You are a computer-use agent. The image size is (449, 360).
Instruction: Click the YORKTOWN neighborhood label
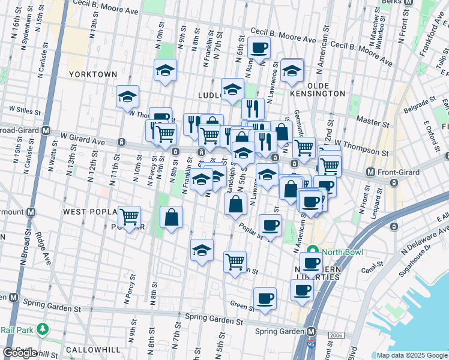(x=93, y=74)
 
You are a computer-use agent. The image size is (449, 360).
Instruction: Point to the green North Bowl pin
(x=312, y=251)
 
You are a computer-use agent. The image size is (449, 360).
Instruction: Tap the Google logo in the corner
(x=20, y=353)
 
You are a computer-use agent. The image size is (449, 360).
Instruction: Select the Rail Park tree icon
(x=42, y=329)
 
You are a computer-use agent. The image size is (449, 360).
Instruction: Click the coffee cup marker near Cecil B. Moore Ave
(x=259, y=47)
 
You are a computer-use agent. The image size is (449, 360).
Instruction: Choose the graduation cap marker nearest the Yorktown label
(x=127, y=97)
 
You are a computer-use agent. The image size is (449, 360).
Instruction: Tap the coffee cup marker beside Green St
(x=264, y=298)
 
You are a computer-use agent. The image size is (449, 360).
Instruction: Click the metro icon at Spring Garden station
(x=312, y=332)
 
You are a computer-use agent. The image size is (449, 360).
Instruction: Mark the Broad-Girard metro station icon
(x=46, y=130)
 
